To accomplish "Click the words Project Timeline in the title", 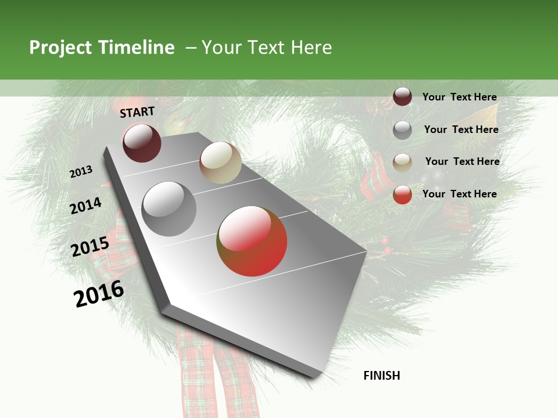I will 102,48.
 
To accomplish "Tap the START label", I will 137,112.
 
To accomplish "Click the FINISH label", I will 382,376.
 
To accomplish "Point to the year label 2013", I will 81,172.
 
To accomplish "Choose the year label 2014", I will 86,206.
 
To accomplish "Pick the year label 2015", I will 90,247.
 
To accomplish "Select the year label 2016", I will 99,293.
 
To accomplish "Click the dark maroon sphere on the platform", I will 142,143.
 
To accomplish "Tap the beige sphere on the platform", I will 220,163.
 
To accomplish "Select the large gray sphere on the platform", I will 169,209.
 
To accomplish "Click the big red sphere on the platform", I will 252,241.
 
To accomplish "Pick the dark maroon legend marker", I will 402,97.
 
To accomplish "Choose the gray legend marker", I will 402,130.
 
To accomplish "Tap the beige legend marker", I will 402,162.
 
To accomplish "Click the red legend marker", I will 402,194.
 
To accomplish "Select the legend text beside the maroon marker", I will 460,97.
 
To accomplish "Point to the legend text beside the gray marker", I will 462,129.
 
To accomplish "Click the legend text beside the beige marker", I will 463,161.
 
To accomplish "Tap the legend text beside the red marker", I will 460,194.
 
